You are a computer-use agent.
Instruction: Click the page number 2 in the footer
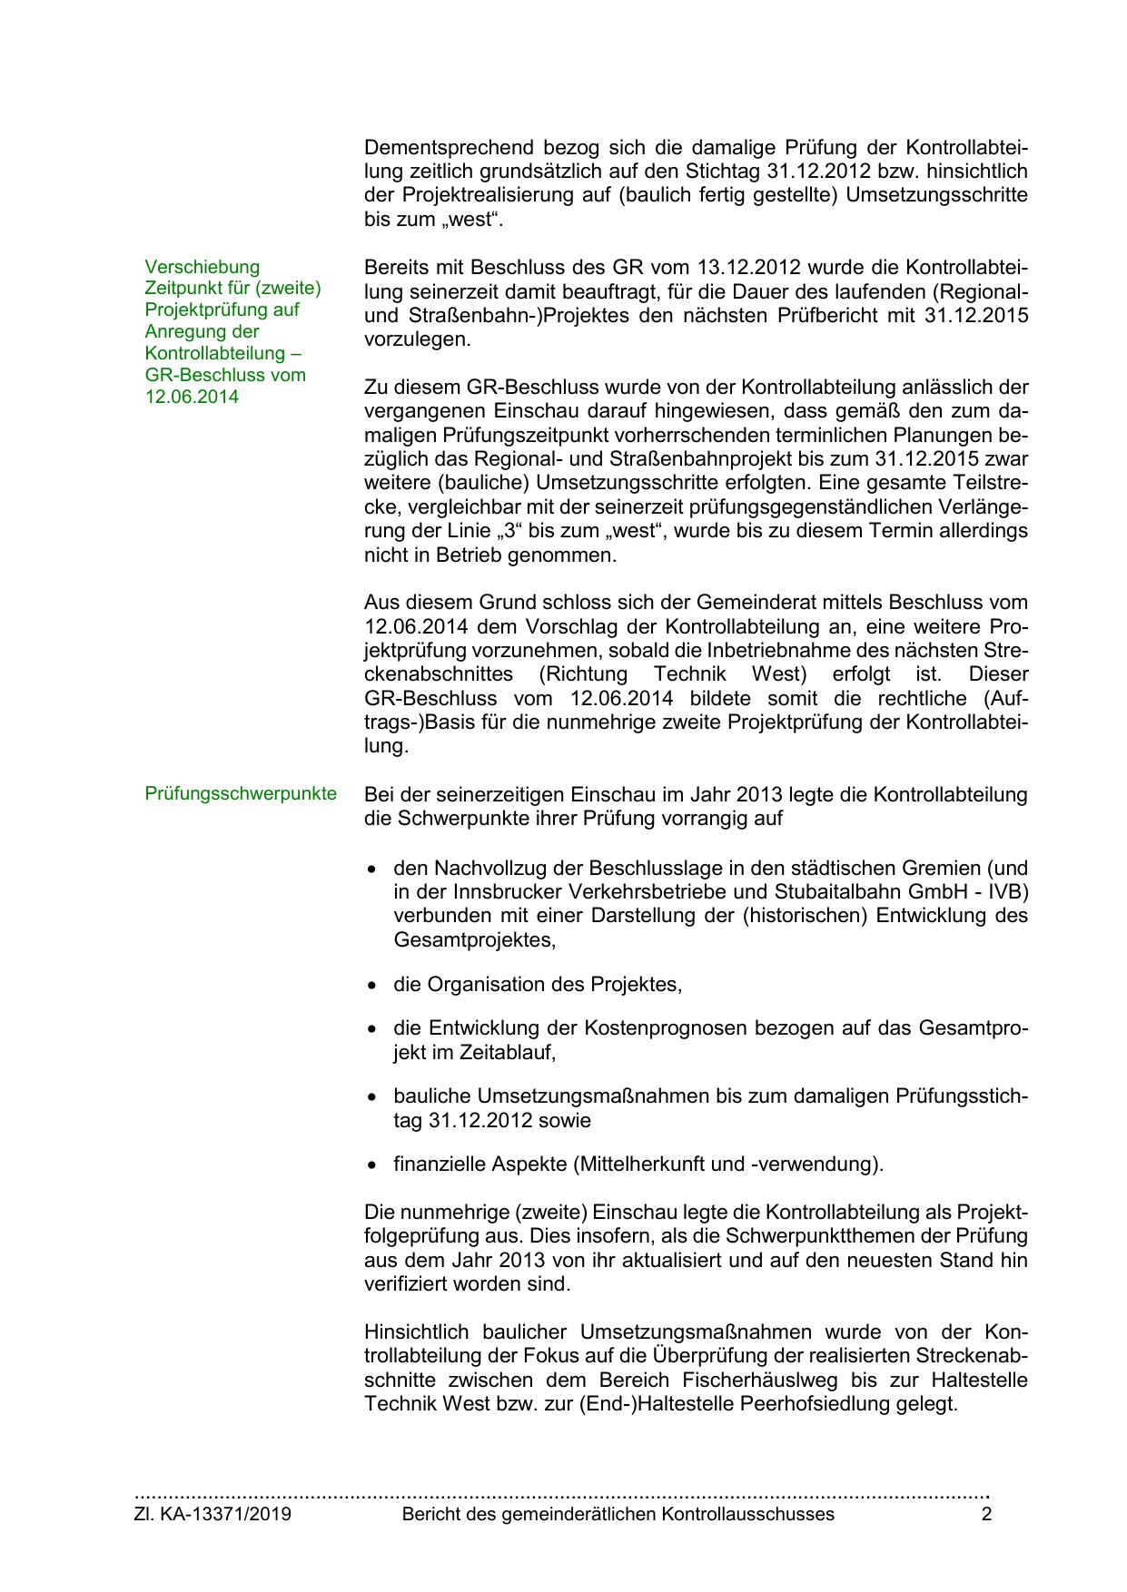pyautogui.click(x=986, y=1514)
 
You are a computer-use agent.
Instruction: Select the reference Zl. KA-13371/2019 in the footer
pyautogui.click(x=213, y=1514)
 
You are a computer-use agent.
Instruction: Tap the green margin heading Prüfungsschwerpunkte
pyautogui.click(x=241, y=794)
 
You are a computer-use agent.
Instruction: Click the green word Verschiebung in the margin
pyautogui.click(x=202, y=267)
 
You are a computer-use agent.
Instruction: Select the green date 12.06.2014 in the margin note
pyautogui.click(x=192, y=397)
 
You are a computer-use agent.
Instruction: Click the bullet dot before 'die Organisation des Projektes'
pyautogui.click(x=371, y=985)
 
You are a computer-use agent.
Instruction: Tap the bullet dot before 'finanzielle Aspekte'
pyautogui.click(x=371, y=1165)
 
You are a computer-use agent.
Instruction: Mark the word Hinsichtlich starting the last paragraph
pyautogui.click(x=414, y=1332)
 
